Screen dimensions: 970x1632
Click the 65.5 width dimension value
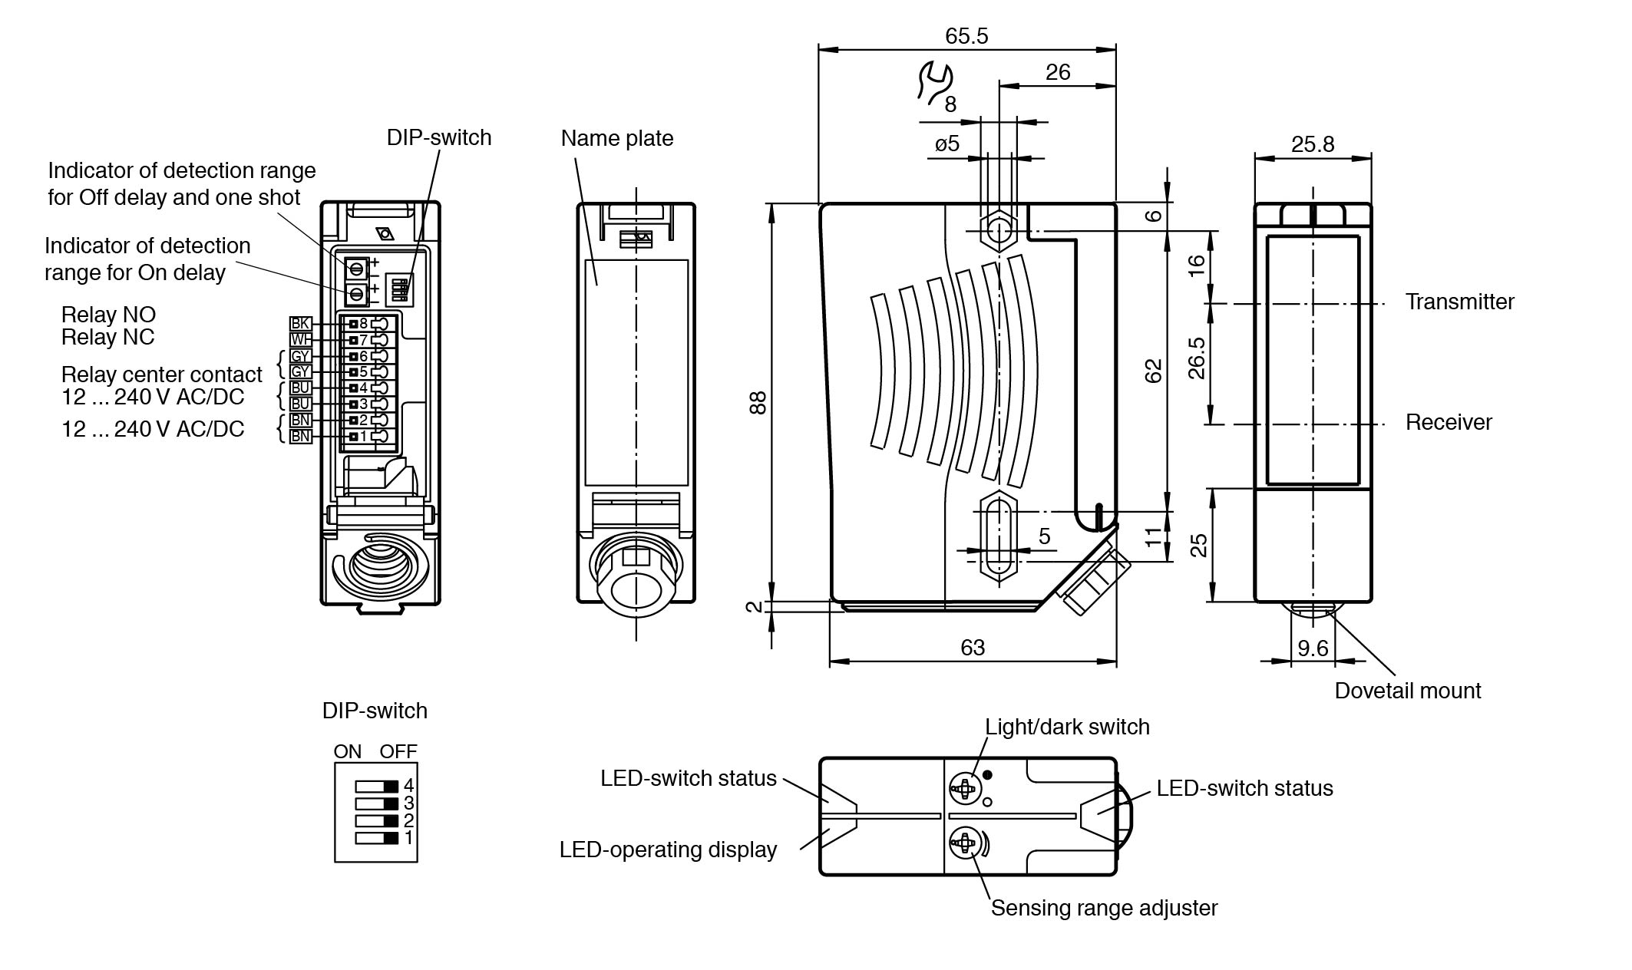[966, 36]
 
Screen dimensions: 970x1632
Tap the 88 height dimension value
[758, 402]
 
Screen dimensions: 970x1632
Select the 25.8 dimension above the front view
[1313, 144]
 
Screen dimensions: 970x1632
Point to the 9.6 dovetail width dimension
[1313, 648]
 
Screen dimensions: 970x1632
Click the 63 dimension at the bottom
[973, 648]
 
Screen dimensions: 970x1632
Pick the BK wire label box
[300, 324]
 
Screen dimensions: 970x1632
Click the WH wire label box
[300, 340]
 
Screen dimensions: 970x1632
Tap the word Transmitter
[1459, 302]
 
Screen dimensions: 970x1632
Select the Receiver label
[1449, 422]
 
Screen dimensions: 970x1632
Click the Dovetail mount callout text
[1407, 691]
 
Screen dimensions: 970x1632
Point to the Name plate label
[617, 138]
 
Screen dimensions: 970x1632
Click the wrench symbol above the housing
[934, 81]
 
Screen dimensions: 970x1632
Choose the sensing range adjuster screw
[964, 843]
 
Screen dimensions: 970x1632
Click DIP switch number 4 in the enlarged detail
[377, 786]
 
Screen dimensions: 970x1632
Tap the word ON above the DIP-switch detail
[347, 751]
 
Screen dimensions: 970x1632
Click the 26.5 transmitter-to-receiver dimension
[1197, 358]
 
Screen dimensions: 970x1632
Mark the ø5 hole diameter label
[947, 144]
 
